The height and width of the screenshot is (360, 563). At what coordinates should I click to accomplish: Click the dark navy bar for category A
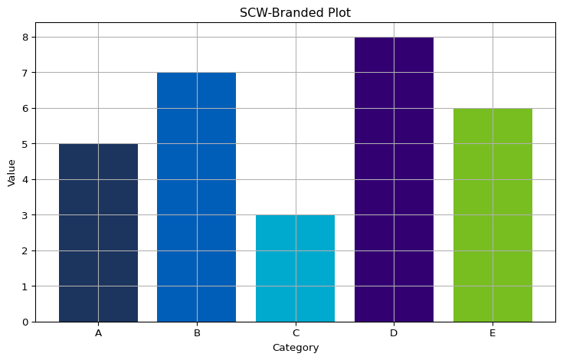[98, 233]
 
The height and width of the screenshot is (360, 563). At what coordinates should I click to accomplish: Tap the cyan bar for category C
[295, 268]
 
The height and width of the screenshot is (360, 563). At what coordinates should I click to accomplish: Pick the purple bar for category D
[394, 179]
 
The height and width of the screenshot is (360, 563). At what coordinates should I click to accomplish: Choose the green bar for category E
[493, 215]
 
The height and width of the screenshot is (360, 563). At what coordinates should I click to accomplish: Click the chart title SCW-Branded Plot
[295, 12]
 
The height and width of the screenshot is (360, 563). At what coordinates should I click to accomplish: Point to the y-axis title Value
[11, 172]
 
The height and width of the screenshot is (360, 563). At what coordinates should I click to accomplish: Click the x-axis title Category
[295, 348]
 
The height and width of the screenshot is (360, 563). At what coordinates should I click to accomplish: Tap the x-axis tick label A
[98, 333]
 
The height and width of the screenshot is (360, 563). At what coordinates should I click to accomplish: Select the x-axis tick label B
[197, 333]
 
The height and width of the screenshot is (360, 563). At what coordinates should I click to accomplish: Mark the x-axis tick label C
[295, 333]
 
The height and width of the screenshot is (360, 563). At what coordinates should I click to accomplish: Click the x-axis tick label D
[394, 333]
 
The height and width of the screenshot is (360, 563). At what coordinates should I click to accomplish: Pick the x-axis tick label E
[493, 333]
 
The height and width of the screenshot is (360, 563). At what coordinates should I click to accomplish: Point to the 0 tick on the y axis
[25, 322]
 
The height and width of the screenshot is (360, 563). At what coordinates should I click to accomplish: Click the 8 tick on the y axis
[25, 38]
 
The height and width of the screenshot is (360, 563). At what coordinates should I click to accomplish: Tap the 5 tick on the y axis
[25, 144]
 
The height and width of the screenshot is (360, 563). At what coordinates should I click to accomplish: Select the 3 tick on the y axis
[25, 215]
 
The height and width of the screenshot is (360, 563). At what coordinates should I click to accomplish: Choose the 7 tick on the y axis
[25, 73]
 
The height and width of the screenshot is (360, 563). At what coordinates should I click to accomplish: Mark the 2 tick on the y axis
[25, 251]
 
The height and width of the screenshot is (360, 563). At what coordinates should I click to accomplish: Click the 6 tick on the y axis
[25, 109]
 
